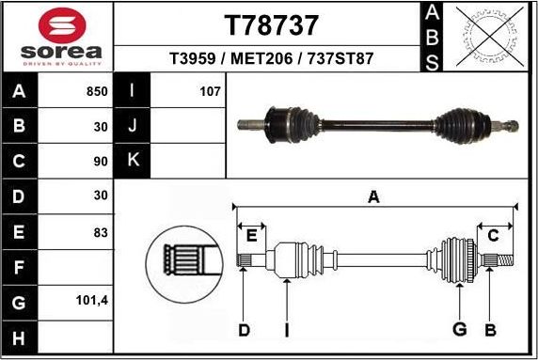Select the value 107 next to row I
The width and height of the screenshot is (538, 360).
(x=209, y=92)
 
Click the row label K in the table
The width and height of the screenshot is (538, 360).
(x=132, y=161)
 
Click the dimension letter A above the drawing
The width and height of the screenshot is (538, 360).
(x=373, y=197)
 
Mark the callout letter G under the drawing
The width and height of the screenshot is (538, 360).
(x=459, y=329)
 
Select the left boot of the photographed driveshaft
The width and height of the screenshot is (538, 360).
(x=299, y=121)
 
